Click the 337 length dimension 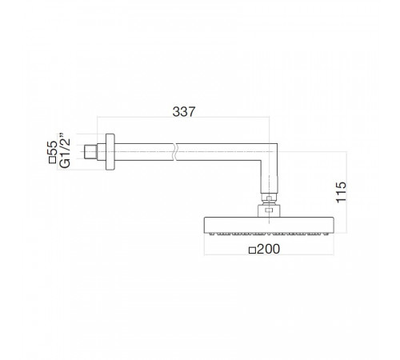coord(184,112)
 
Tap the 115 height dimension coord(341,192)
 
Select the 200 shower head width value coord(269,249)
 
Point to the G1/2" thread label coord(65,151)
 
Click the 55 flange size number coord(52,148)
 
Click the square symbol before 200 coord(252,250)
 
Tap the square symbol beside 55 coord(52,160)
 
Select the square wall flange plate coord(110,152)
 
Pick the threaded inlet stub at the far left coord(90,152)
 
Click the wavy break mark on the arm coord(174,152)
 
